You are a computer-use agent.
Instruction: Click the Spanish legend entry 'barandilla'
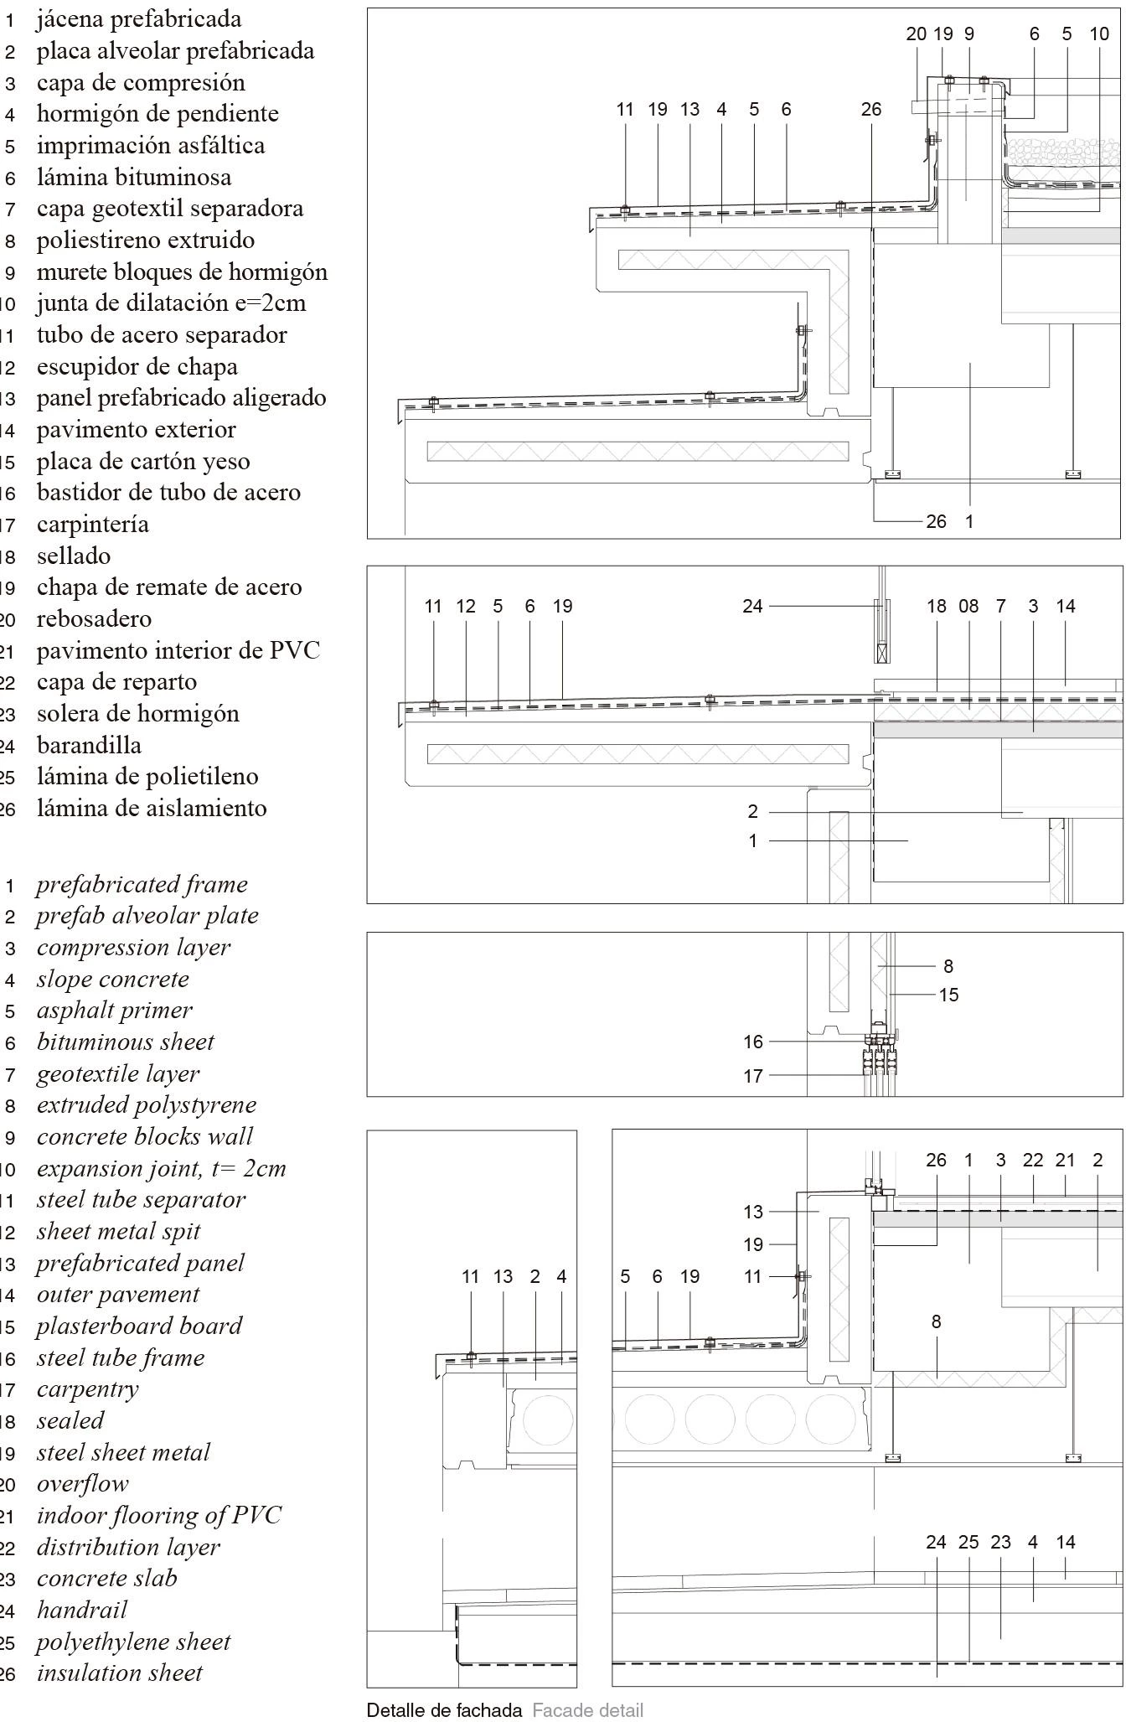click(89, 745)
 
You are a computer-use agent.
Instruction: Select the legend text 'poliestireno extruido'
click(145, 240)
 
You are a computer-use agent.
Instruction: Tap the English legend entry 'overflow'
click(82, 1483)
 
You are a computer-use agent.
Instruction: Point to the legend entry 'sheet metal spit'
click(118, 1231)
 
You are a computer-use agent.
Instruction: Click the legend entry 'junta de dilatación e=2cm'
click(171, 303)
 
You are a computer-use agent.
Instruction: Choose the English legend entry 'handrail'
click(82, 1610)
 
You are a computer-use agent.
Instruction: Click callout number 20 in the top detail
click(916, 34)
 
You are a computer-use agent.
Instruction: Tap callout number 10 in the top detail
click(1099, 34)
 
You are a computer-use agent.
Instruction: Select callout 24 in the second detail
click(752, 606)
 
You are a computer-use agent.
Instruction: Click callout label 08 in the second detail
click(968, 606)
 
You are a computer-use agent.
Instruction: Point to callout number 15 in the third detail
click(948, 995)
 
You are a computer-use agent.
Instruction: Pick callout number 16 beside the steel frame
click(753, 1042)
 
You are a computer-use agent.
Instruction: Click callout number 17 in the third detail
click(753, 1075)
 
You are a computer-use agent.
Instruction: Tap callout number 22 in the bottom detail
click(1033, 1160)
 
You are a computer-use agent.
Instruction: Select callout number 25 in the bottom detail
click(968, 1542)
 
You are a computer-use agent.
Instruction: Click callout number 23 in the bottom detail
click(1001, 1542)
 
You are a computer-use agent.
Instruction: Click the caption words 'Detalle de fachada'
click(444, 1710)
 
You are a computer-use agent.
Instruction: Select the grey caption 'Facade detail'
click(587, 1710)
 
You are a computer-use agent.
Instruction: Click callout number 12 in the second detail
click(466, 606)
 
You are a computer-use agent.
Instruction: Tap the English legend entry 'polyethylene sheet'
click(133, 1642)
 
